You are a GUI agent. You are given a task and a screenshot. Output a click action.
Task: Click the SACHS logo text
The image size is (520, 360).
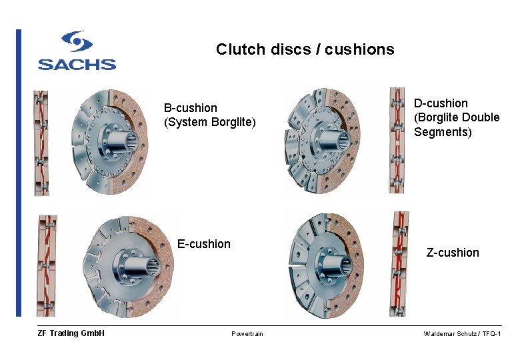click(x=77, y=65)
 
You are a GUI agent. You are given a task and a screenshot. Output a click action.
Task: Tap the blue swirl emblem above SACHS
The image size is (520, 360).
click(x=77, y=41)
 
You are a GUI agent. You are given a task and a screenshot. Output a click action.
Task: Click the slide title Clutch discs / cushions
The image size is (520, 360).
click(x=305, y=49)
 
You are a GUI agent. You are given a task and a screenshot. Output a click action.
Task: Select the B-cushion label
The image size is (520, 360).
click(x=191, y=108)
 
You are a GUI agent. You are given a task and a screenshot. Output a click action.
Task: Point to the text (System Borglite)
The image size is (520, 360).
click(x=210, y=122)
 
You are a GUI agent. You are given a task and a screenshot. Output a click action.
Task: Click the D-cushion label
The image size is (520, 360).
click(x=441, y=103)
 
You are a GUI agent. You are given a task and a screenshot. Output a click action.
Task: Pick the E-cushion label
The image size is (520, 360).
click(x=204, y=244)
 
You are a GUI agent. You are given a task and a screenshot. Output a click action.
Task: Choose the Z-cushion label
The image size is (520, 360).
click(x=453, y=253)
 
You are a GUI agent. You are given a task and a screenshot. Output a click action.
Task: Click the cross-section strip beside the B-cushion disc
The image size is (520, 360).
click(x=41, y=143)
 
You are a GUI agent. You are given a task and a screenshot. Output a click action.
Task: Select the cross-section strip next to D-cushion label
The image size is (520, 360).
click(x=397, y=140)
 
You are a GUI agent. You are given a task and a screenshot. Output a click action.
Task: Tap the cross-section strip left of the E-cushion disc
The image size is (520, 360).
click(x=47, y=265)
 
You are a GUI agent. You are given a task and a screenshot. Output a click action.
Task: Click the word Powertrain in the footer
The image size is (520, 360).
click(x=247, y=334)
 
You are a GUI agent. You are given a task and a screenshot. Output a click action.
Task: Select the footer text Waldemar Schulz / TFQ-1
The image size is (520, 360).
click(x=462, y=334)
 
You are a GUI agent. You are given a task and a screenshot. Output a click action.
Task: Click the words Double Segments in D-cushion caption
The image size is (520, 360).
click(x=457, y=125)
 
